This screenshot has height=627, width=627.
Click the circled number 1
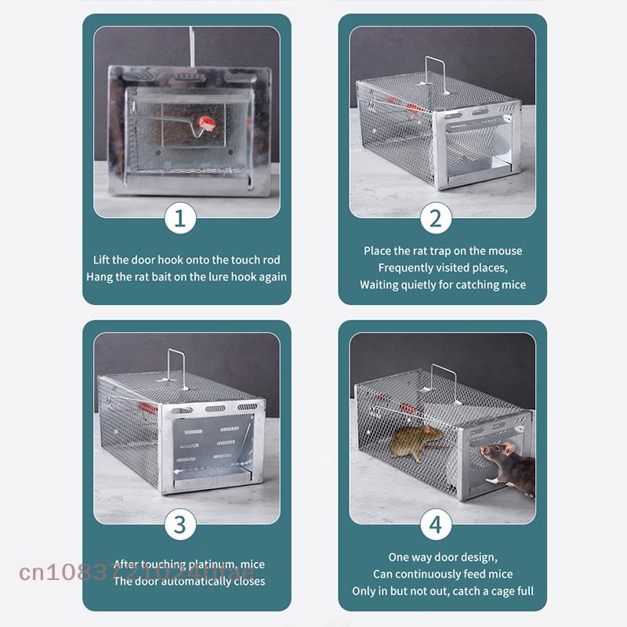(x=179, y=219)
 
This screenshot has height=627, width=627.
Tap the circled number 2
(x=436, y=219)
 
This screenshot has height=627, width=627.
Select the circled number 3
(x=179, y=524)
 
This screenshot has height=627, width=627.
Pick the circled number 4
(x=436, y=524)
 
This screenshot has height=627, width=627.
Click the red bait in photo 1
(x=207, y=123)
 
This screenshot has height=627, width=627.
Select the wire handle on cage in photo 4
(x=444, y=382)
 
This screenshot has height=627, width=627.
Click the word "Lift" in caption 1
(x=103, y=259)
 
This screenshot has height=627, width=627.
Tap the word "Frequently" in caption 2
(x=405, y=267)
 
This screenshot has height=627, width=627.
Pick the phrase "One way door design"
(x=441, y=557)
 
